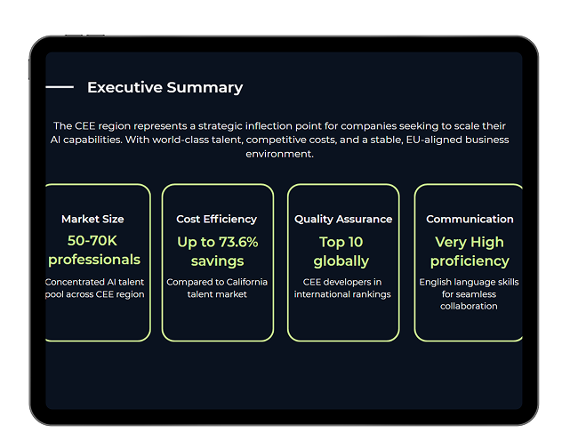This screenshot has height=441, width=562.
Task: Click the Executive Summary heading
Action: [165, 88]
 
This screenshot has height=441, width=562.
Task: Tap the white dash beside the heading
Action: [60, 87]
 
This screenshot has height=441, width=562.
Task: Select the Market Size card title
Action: [92, 219]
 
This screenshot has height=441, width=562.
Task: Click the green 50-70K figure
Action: [92, 241]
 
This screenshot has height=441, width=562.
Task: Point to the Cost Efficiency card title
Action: [216, 219]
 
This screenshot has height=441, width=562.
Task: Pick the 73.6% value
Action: [238, 242]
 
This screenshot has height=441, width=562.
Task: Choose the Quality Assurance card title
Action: [343, 219]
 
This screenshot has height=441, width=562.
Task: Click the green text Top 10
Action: [341, 242]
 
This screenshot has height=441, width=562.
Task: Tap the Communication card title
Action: [470, 219]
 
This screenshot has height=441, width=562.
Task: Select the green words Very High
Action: [470, 242]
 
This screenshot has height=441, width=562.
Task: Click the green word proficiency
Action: [470, 261]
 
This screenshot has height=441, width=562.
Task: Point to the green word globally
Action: [341, 261]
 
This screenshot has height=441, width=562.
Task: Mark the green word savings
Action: [217, 261]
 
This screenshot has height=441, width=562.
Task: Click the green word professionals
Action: [94, 260]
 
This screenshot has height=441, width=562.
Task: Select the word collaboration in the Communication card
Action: [469, 306]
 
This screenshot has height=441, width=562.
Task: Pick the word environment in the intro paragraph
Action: [279, 154]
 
